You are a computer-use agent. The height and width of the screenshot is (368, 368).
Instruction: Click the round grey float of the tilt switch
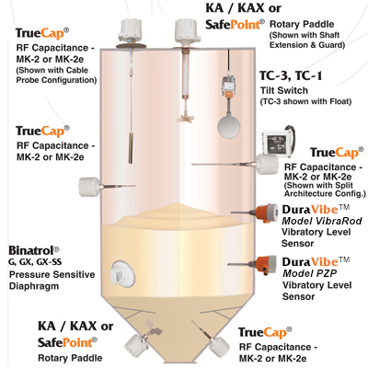[229, 125]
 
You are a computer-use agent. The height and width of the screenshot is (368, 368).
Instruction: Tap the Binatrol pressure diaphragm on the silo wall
[122, 273]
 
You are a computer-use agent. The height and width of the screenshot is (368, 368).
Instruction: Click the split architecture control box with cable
[279, 142]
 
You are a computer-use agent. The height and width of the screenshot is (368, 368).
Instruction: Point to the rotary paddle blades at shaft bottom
[185, 118]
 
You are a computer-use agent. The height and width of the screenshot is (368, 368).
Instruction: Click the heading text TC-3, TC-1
[291, 75]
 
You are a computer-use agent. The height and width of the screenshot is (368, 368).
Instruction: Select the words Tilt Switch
[284, 90]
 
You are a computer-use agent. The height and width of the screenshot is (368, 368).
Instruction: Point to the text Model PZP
[309, 273]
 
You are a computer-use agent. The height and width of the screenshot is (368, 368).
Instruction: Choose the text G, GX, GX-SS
[35, 262]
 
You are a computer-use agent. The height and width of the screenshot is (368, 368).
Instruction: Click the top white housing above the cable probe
[132, 30]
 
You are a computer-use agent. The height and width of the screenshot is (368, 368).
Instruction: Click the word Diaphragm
[34, 286]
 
